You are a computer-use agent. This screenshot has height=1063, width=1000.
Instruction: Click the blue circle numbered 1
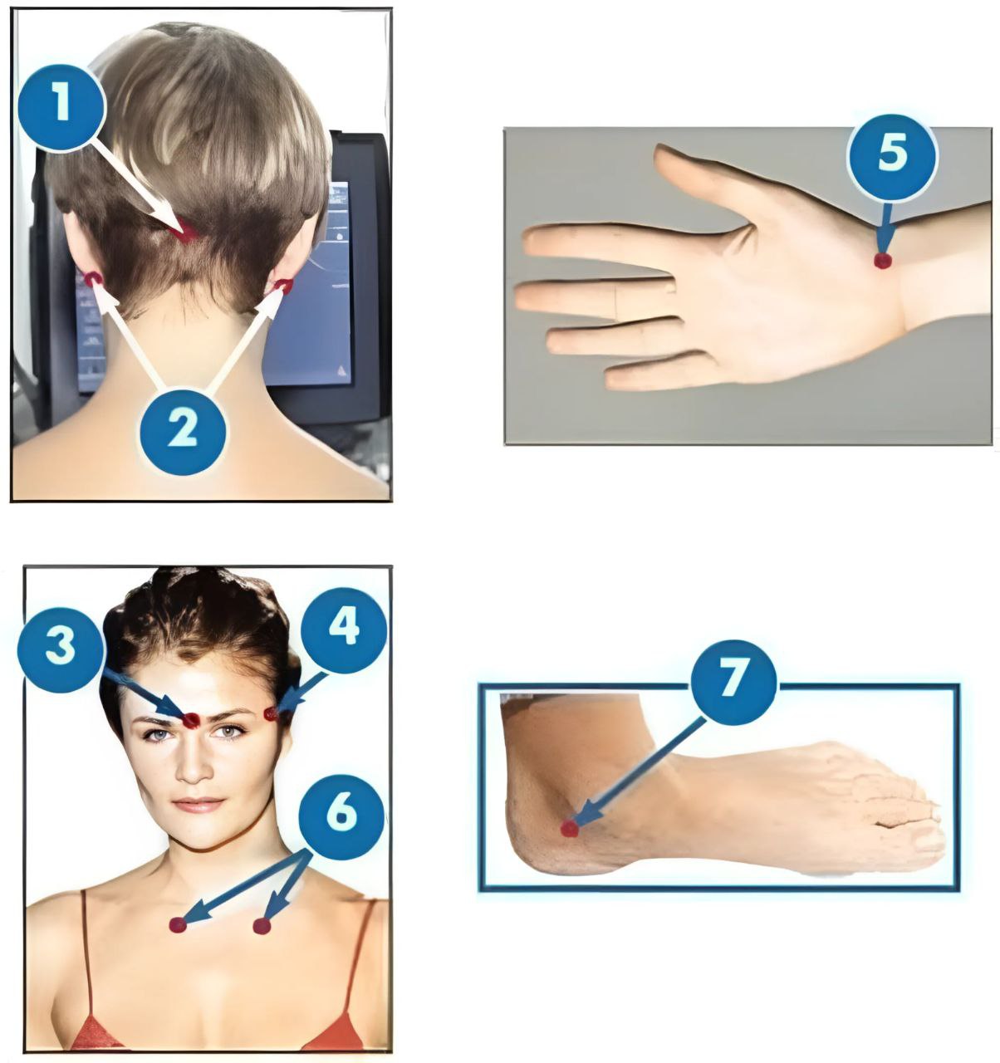[61, 107]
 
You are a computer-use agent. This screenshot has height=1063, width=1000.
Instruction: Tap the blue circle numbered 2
[183, 431]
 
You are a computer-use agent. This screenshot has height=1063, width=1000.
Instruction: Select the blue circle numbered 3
[60, 649]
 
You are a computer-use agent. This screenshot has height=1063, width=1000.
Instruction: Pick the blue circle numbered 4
[344, 630]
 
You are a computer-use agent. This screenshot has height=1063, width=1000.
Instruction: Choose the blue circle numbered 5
[892, 157]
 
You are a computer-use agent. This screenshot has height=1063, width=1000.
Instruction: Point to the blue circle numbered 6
[341, 817]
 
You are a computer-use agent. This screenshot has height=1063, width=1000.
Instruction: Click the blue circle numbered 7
[733, 683]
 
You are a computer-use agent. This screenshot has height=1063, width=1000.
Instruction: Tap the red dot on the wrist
[883, 261]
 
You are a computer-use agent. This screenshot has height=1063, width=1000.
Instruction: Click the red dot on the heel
[569, 829]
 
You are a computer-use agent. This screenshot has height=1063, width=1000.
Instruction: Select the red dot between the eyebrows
[191, 721]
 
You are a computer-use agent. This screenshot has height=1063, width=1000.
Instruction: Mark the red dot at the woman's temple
[272, 713]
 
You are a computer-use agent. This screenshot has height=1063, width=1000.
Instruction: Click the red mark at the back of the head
[184, 231]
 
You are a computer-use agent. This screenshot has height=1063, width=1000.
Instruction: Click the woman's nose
[194, 767]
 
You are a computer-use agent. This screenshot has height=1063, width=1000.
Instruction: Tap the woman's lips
[198, 804]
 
